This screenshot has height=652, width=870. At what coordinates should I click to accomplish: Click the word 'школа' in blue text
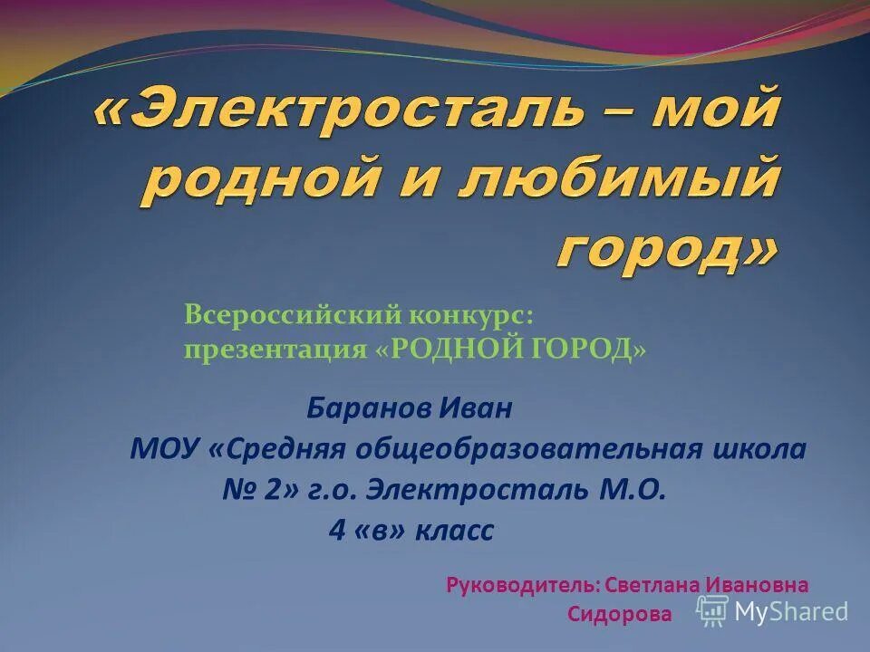coord(763,449)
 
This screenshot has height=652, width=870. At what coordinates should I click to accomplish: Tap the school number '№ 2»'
coord(260,490)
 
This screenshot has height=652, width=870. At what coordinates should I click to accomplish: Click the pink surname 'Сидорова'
coord(620,614)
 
